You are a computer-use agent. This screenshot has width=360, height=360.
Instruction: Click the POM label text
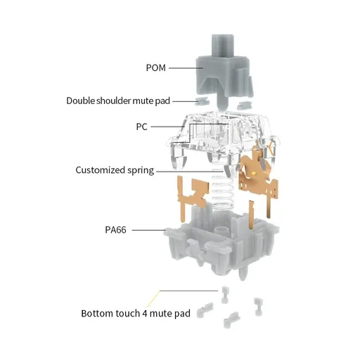(x=156, y=68)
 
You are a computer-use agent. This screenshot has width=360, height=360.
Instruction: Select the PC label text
(x=142, y=127)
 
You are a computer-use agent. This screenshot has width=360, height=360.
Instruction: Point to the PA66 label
(x=115, y=230)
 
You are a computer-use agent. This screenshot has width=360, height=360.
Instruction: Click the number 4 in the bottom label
(x=145, y=314)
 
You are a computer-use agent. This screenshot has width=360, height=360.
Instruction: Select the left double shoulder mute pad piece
(x=200, y=101)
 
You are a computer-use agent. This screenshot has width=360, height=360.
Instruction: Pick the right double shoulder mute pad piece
(x=244, y=105)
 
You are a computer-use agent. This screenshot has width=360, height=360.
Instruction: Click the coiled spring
(x=223, y=190)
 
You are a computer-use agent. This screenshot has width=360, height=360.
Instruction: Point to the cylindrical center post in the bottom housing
(x=219, y=231)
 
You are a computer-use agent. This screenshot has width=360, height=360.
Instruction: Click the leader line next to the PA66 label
(x=149, y=230)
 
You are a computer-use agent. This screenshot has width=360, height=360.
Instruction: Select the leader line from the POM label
(x=186, y=68)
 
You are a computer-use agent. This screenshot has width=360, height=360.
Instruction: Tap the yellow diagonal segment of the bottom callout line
(x=153, y=299)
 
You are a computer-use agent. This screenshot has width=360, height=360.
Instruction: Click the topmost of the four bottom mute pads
(x=225, y=294)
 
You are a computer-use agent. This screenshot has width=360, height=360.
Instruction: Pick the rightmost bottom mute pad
(x=258, y=307)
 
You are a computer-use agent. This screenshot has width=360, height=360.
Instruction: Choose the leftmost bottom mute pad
(x=205, y=309)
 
